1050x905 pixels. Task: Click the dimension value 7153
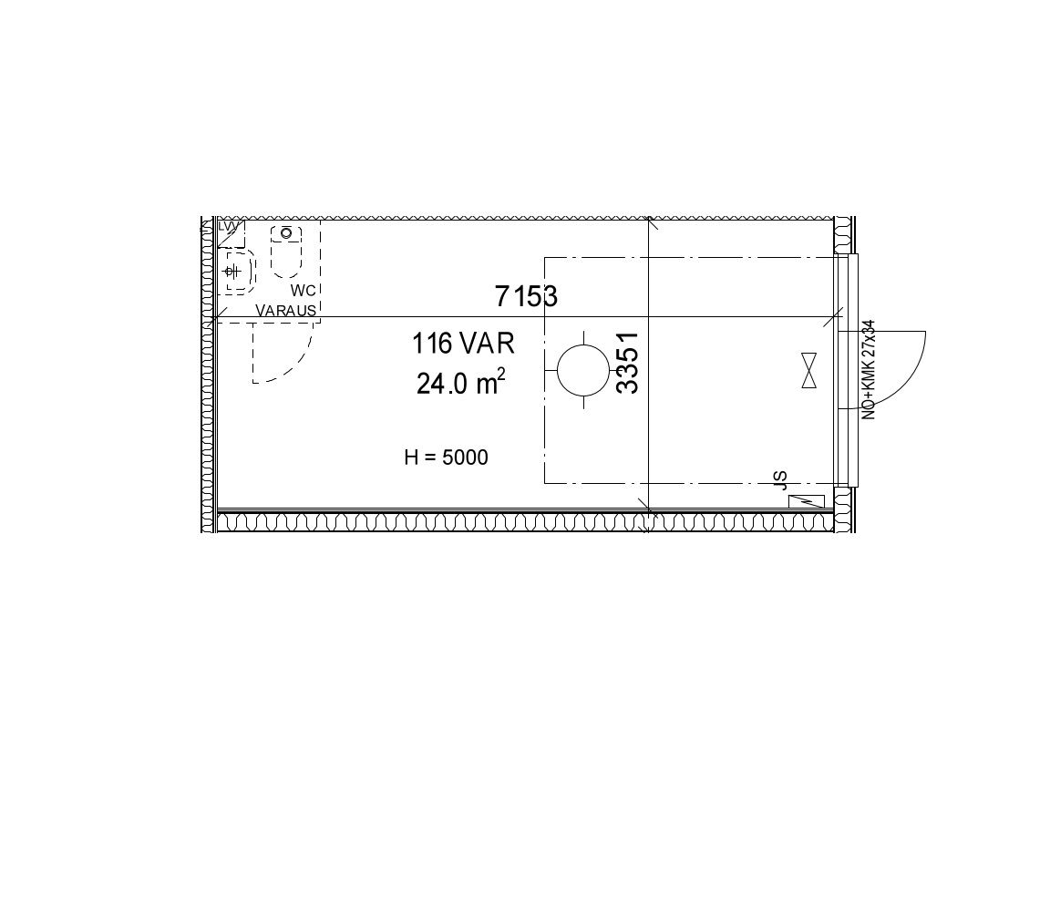click(526, 296)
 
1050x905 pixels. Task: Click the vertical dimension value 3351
click(627, 363)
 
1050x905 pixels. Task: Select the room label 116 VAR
click(463, 345)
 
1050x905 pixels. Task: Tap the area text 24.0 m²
click(460, 384)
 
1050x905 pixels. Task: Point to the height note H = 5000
click(446, 458)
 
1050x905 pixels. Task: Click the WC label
click(303, 291)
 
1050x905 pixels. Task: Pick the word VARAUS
click(286, 311)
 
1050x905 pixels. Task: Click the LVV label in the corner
click(229, 227)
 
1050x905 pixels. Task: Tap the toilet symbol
click(286, 252)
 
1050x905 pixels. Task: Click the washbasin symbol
click(239, 272)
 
